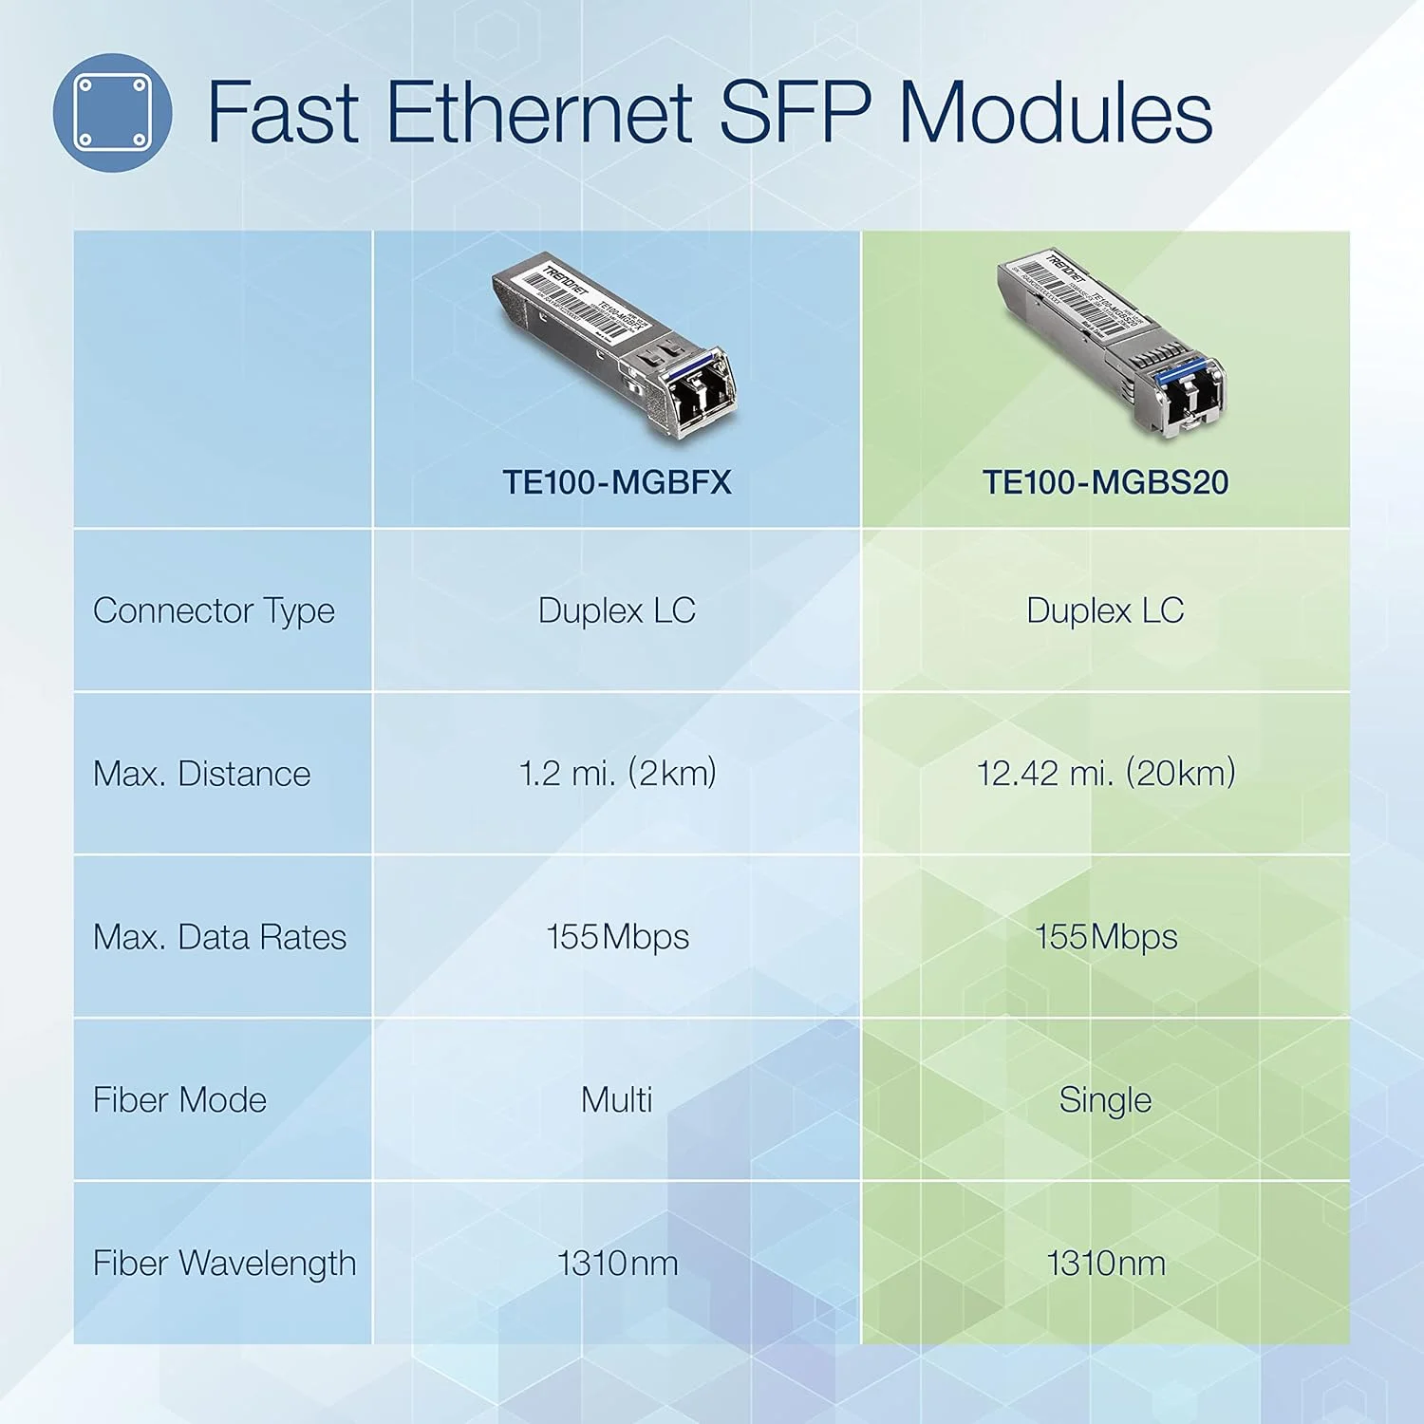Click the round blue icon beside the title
(112, 112)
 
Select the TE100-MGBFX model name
(617, 482)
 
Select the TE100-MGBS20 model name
(1105, 482)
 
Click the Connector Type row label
(214, 610)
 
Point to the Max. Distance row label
(201, 774)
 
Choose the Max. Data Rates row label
(219, 937)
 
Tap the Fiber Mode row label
(179, 1100)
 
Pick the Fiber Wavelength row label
(224, 1264)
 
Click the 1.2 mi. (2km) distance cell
(617, 774)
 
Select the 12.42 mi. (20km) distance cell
(1105, 774)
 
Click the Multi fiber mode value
(617, 1100)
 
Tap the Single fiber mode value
(1105, 1100)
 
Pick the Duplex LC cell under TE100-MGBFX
(617, 610)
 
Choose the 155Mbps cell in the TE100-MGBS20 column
(1105, 937)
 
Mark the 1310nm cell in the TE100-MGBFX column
(617, 1264)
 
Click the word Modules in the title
(1055, 112)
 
